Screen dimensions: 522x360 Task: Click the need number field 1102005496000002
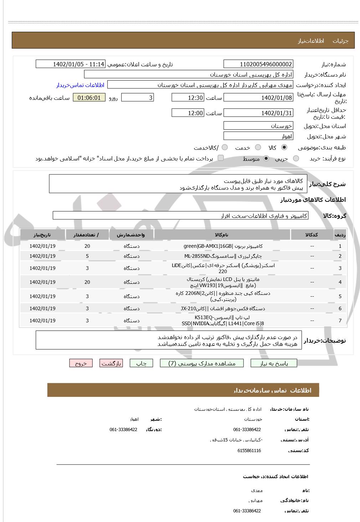258,64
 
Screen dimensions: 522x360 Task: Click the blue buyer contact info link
80,85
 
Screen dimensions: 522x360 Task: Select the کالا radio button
284,147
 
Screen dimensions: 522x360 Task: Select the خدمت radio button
258,147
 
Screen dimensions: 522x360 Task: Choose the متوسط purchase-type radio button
266,158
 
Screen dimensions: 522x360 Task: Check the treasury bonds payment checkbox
221,158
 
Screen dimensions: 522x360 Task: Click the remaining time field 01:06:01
89,98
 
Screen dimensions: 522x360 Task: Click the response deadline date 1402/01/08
258,98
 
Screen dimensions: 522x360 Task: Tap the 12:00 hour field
187,113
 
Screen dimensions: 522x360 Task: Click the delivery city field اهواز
258,136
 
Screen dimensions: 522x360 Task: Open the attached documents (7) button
202,363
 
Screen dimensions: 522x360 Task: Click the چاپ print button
142,363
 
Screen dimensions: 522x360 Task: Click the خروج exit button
81,363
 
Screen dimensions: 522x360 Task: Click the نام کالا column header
222,235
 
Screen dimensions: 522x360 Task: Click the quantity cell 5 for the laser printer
87,256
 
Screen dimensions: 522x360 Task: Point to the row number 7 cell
340,321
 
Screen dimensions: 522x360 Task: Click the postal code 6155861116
249,450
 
